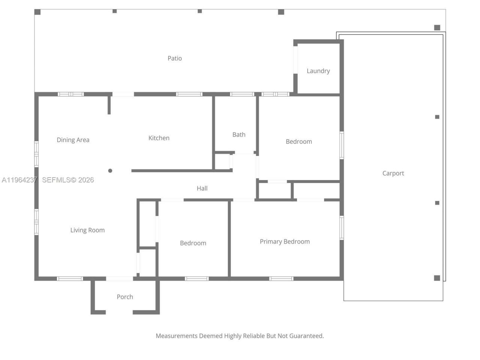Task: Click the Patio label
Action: [x=174, y=58]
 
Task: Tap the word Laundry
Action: [x=318, y=71]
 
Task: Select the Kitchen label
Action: [x=159, y=138]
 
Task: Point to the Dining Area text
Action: [x=73, y=140]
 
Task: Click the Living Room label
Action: [x=87, y=230]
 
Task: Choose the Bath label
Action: [x=238, y=135]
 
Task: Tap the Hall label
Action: [x=202, y=188]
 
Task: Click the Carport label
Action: [x=393, y=173]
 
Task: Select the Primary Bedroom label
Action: [x=285, y=241]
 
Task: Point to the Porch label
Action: [x=124, y=297]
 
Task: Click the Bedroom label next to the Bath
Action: [x=298, y=141]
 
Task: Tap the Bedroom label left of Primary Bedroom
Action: [x=193, y=243]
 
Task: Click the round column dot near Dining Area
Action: [x=110, y=171]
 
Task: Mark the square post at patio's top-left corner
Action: [x=37, y=12]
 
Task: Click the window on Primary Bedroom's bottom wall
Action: [x=281, y=279]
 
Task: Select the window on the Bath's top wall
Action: [x=242, y=94]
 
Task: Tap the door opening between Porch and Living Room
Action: [x=120, y=279]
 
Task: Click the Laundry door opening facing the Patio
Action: [x=295, y=60]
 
